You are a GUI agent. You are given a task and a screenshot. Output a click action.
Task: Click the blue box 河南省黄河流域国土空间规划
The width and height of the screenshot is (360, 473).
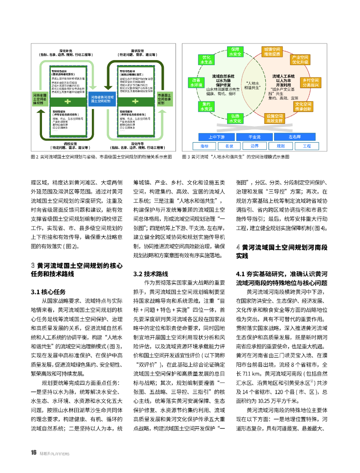click(101, 99)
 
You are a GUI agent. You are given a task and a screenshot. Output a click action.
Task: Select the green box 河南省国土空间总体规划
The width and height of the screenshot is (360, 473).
click(39, 99)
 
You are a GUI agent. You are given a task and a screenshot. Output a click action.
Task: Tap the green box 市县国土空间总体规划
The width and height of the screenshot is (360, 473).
click(164, 99)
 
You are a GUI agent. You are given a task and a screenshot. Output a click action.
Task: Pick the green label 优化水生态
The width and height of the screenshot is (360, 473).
click(207, 60)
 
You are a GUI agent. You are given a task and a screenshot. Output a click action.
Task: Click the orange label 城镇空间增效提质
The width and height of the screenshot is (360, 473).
click(272, 51)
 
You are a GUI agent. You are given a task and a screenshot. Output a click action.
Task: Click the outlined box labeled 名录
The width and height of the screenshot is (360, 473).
click(229, 146)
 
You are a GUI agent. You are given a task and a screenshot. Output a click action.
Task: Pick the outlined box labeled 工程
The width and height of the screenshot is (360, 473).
click(307, 146)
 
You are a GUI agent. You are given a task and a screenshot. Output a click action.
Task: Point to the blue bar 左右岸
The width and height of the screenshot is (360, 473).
click(294, 137)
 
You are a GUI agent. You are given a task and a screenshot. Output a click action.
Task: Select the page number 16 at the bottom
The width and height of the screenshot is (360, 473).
click(33, 453)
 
